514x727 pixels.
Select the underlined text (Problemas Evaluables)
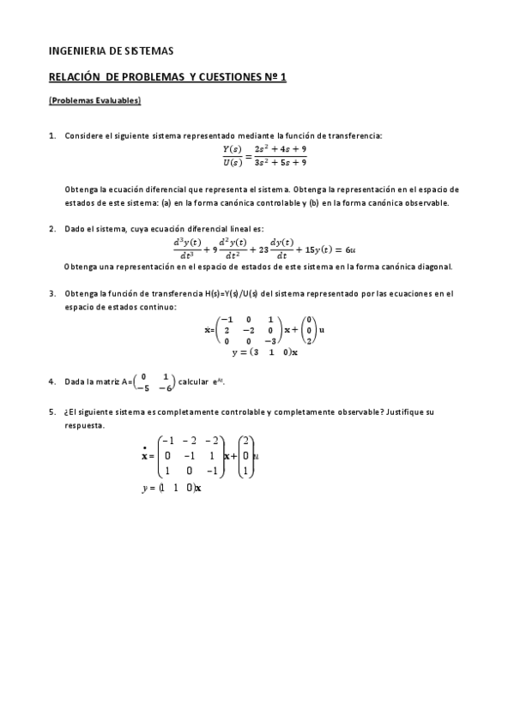[x=94, y=101]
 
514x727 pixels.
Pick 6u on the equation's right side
[x=351, y=249]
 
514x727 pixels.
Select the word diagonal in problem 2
[x=434, y=267]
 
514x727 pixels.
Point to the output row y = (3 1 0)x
[x=264, y=351]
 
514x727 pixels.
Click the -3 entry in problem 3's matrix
[x=271, y=339]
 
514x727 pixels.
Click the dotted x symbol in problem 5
[x=145, y=455]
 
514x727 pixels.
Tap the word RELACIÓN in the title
[x=79, y=77]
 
